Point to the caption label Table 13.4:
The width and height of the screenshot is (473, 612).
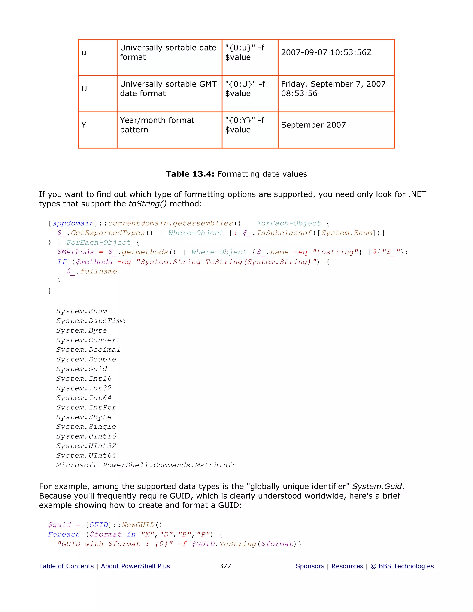pos(190,174)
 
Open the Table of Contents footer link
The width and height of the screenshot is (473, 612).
pos(66,566)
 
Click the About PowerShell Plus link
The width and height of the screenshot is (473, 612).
pos(135,566)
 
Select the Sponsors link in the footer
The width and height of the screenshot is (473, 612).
pos(310,566)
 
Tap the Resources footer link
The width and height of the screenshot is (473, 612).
pos(347,566)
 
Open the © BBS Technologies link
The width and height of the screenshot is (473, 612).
pos(402,566)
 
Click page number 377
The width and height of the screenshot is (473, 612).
pos(225,566)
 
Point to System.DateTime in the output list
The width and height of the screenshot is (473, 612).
pos(91,321)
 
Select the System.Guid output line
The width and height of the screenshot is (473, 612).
pos(82,369)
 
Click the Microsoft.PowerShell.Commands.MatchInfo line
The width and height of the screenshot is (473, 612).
pos(146,465)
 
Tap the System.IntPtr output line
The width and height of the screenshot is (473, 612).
pos(86,407)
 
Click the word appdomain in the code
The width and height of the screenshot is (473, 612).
pos(73,223)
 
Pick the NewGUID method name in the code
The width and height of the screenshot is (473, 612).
pos(138,525)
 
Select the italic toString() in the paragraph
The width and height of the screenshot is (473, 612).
pos(147,204)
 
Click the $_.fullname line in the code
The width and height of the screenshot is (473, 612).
pos(92,271)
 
